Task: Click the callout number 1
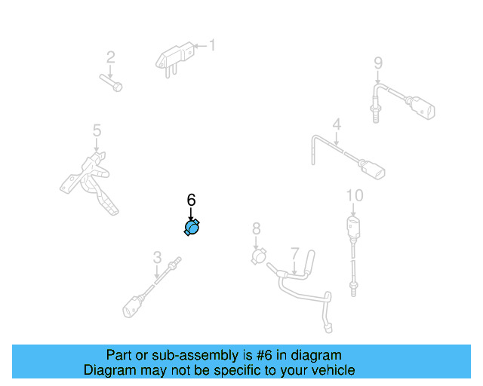(212, 46)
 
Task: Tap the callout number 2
(110, 57)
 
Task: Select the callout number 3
(157, 257)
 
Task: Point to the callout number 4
(337, 124)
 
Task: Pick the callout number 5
(97, 131)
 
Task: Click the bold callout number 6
(191, 200)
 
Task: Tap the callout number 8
(256, 228)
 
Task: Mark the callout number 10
(354, 196)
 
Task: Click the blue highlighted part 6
(192, 228)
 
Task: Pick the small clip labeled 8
(259, 257)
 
